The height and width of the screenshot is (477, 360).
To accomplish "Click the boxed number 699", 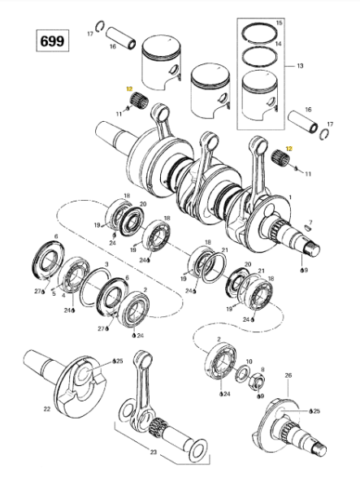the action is coord(52,41).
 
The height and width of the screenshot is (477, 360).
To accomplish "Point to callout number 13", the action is coord(300,66).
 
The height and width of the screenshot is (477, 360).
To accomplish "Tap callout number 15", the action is coord(279,23).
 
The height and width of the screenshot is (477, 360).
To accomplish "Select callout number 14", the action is coord(279,44).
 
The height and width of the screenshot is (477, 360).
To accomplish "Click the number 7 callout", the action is coord(310,222).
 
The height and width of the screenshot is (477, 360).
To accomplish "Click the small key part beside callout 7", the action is coord(308,228).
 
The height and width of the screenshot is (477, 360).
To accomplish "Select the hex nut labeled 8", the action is coord(257,381).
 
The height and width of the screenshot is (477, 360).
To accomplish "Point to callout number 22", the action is coord(46,410).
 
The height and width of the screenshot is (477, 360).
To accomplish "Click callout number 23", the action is coord(154,452).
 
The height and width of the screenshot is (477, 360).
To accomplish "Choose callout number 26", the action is coord(288,375).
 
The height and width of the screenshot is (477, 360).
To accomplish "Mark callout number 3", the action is coord(106,264).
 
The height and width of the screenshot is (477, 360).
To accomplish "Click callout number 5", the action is coord(54,294).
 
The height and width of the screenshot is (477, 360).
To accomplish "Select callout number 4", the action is coord(63,296).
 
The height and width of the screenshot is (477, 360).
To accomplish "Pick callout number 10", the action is coord(249,362).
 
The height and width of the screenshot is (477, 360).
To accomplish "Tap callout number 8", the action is coord(262,370).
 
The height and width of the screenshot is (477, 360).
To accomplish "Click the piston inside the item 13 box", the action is coord(260,94).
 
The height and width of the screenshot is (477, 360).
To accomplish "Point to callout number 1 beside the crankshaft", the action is coord(290,197).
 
